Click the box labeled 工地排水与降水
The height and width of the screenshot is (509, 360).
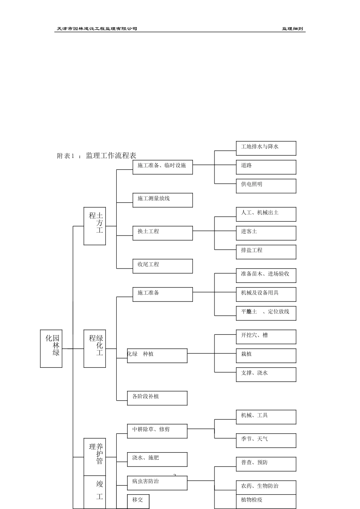(x=266, y=148)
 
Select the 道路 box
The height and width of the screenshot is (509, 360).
(x=266, y=167)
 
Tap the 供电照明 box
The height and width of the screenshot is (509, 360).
(x=266, y=186)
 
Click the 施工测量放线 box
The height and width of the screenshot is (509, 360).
(x=163, y=200)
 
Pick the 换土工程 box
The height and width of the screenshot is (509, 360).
(x=163, y=233)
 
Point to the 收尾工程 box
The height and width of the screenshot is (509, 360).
(x=163, y=266)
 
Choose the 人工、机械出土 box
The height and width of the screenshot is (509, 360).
(x=266, y=214)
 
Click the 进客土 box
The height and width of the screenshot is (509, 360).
(x=266, y=233)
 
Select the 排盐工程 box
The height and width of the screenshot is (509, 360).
(x=266, y=252)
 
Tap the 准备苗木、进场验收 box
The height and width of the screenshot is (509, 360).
(x=266, y=275)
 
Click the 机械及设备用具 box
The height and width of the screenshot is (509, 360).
(x=266, y=294)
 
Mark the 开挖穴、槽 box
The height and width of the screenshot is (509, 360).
(x=266, y=337)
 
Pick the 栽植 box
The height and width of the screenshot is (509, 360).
(x=266, y=356)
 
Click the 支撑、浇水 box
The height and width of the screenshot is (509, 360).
(x=266, y=375)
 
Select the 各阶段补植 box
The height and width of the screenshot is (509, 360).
(x=157, y=398)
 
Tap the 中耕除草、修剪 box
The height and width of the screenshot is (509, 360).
(x=157, y=431)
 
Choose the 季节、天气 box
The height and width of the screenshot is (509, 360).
(x=266, y=440)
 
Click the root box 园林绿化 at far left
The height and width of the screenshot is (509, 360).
(x=51, y=348)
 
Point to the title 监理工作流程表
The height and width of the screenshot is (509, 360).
(x=111, y=156)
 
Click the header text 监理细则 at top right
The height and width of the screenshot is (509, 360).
(x=292, y=29)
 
